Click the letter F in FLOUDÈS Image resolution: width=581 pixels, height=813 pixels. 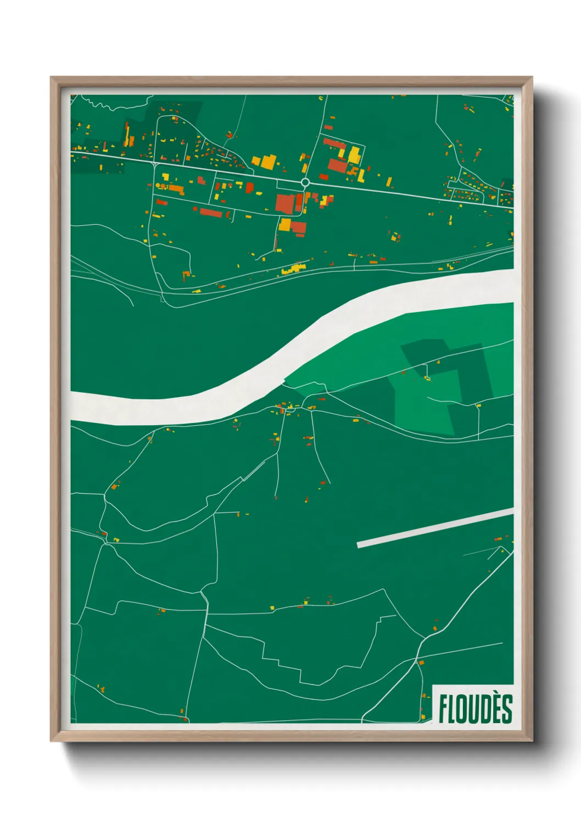click(x=443, y=709)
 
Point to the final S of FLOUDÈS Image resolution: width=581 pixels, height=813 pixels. click(x=507, y=709)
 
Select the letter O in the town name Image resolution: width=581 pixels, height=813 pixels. click(x=465, y=709)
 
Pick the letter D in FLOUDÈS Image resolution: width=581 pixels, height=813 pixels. click(x=485, y=709)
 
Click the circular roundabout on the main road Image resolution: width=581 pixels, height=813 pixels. click(x=305, y=182)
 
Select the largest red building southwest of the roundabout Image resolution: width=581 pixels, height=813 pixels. click(x=285, y=203)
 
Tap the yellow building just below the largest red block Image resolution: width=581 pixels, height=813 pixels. click(x=285, y=224)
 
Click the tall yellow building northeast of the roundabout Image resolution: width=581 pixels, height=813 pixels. click(x=354, y=155)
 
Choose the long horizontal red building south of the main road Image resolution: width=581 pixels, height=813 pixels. click(x=210, y=212)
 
